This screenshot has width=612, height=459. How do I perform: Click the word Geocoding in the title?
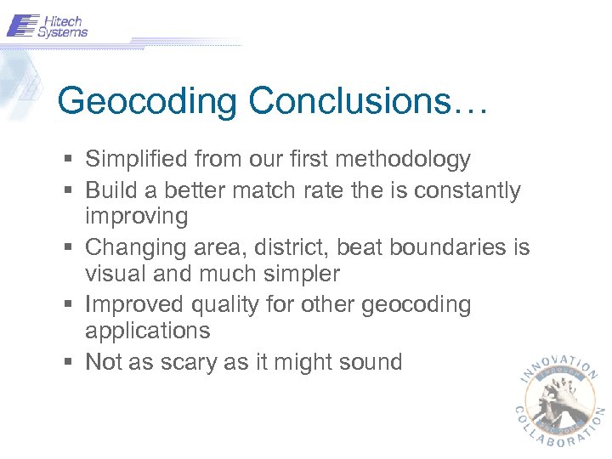pos(148,101)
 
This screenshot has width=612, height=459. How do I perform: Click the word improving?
pos(136,217)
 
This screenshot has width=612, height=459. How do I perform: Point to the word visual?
pos(114,275)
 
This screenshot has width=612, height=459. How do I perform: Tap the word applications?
pos(147,331)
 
